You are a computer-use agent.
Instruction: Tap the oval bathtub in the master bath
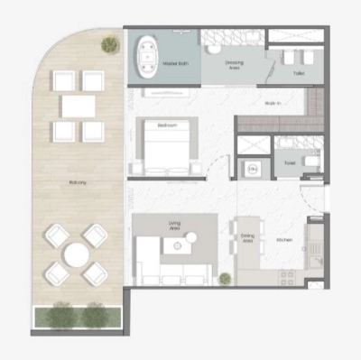(146, 57)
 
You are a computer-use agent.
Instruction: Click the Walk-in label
(272, 104)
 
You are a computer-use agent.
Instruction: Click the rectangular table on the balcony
(78, 106)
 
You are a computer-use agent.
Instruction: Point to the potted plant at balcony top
(109, 43)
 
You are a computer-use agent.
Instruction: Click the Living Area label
(176, 225)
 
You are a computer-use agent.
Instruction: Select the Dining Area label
(247, 238)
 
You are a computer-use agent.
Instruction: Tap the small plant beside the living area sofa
(224, 277)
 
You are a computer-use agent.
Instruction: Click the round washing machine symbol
(254, 169)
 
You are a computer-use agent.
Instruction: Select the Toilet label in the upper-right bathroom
(298, 72)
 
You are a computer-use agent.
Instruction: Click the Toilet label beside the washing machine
(289, 163)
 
